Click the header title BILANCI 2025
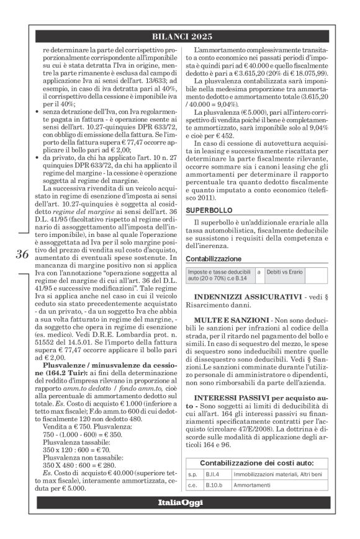coord(180,37)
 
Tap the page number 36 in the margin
coord(22,254)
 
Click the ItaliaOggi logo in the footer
coord(180,502)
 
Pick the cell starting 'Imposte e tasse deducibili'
coord(220,275)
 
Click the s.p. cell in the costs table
coord(194,474)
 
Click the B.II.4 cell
coord(215,474)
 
